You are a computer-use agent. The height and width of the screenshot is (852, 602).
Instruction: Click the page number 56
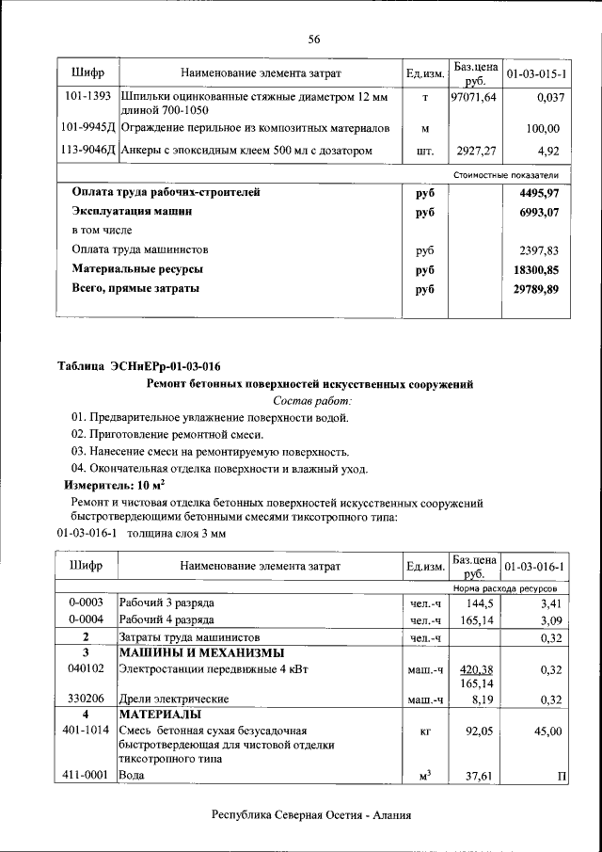point(314,39)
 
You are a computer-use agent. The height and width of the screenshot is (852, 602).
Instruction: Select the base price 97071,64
point(474,98)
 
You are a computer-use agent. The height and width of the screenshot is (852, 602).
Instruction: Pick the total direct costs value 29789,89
point(537,289)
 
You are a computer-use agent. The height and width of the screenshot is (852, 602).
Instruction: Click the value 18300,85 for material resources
point(537,269)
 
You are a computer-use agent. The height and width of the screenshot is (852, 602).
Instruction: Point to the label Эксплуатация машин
point(133,212)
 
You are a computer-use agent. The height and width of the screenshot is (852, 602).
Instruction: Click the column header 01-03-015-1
point(536,72)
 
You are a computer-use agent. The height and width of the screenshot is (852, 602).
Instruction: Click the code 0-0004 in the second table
point(87,620)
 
